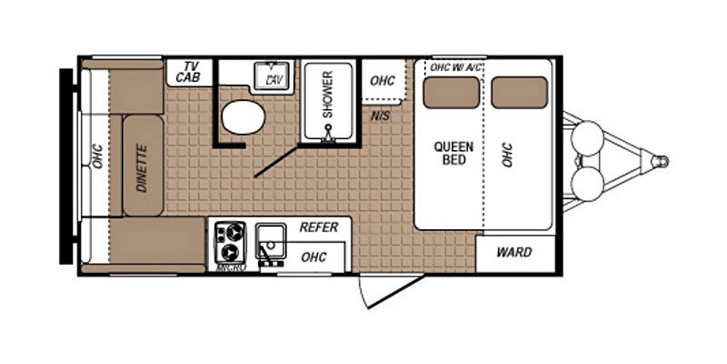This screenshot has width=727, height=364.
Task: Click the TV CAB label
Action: click(x=190, y=73)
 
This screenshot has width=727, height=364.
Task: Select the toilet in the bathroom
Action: click(x=242, y=116)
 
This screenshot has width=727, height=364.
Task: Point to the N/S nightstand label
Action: click(x=381, y=116)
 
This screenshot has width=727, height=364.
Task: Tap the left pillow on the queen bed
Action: click(x=452, y=91)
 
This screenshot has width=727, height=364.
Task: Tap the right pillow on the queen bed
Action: click(x=519, y=91)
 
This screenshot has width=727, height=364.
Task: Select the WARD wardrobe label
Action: click(x=513, y=252)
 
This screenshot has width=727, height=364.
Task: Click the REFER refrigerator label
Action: click(x=318, y=228)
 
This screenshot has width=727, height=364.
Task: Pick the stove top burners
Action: click(x=227, y=241)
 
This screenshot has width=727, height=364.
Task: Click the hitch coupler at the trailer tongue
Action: click(x=661, y=161)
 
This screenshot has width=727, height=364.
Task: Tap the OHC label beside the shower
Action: click(x=383, y=81)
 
